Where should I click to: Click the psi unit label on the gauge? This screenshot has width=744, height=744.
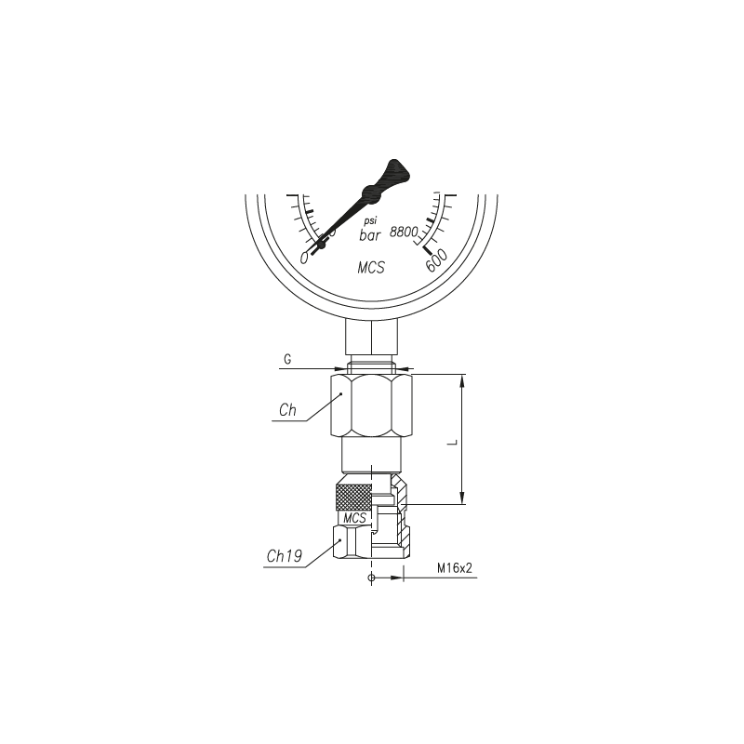[x=370, y=221]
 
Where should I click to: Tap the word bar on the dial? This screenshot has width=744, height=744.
[x=370, y=235]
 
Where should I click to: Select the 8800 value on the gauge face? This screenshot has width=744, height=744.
[x=404, y=232]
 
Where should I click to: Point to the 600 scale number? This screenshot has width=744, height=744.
[x=436, y=260]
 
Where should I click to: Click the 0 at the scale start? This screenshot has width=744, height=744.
[x=304, y=259]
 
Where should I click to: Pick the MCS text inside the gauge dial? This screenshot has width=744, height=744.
[x=371, y=268]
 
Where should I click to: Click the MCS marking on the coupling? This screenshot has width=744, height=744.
[x=355, y=518]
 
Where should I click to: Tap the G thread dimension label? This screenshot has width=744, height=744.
[x=287, y=360]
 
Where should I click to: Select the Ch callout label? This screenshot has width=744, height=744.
[x=287, y=410]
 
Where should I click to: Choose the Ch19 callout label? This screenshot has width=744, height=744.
[x=285, y=556]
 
